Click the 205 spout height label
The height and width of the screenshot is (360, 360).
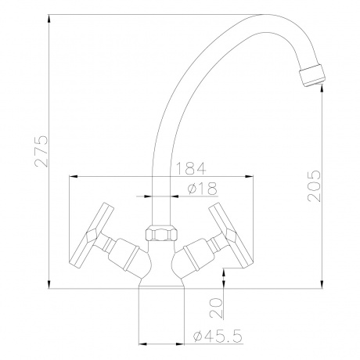pyautogui.click(x=315, y=186)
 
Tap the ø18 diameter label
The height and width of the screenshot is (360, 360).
pyautogui.click(x=204, y=186)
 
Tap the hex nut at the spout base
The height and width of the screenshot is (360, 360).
pyautogui.click(x=161, y=232)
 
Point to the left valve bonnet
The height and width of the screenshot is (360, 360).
pyautogui.click(x=125, y=254)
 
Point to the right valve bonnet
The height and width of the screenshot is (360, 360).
pyautogui.click(x=197, y=254)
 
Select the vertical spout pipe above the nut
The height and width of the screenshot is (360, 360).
pyautogui.click(x=161, y=180)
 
